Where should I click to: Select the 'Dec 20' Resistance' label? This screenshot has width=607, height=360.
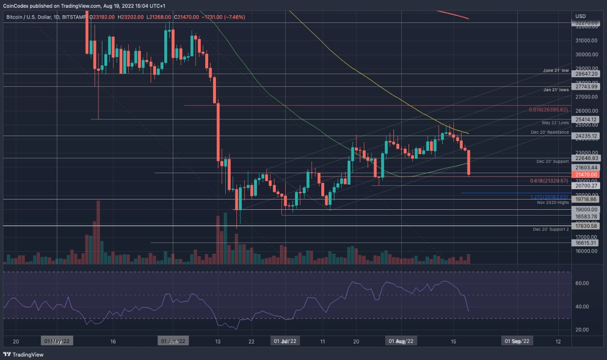[550, 132]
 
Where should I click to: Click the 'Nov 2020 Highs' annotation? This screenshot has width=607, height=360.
[552, 202]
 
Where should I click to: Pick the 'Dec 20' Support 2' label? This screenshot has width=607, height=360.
[551, 229]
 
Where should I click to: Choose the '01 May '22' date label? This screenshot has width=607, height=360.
[58, 341]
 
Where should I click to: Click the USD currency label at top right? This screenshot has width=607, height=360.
[580, 16]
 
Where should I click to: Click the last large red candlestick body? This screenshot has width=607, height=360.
[469, 162]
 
